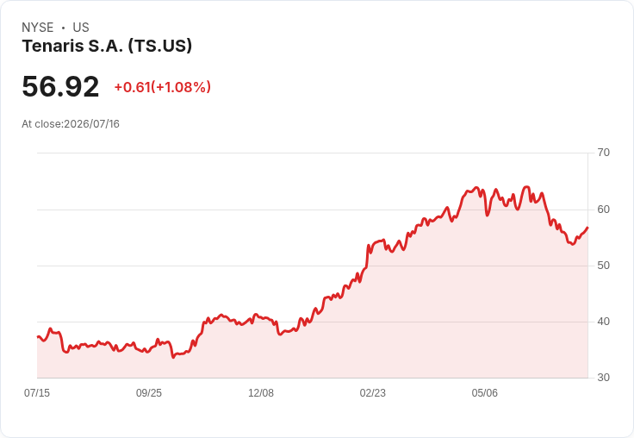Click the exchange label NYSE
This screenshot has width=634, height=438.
pos(38,28)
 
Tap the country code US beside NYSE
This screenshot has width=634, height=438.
pos(81,28)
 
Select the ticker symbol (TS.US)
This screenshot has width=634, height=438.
pos(160,46)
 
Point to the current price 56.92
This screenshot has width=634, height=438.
pos(60,86)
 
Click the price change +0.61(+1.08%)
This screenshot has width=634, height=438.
pos(163,87)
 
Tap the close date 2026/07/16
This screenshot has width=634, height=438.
pos(91,124)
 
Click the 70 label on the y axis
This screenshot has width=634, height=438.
pos(603,153)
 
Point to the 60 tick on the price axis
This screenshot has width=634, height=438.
pos(603,210)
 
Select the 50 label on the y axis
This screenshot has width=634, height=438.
pos(603,266)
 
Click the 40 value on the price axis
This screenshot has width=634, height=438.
pos(603,322)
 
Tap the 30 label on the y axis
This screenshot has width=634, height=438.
pos(603,378)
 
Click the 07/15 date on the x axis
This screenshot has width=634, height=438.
pos(37,392)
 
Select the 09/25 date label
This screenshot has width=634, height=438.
pos(149,392)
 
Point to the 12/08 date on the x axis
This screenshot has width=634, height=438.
pos(261,392)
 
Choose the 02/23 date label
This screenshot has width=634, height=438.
pos(373,392)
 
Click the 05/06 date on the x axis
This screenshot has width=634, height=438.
pos(484,392)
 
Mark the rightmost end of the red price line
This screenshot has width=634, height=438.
pos(587,228)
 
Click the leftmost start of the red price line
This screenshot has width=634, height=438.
pos(38,337)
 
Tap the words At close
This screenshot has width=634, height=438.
pos(41,124)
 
